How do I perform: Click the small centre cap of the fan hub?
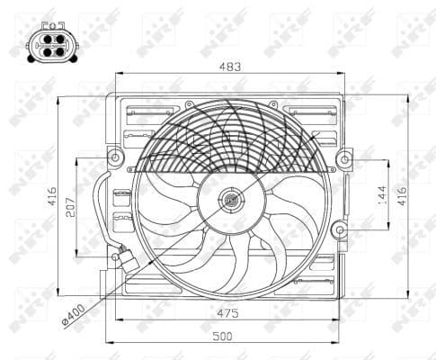(x=231, y=200)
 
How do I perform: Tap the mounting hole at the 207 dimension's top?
(x=114, y=158)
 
